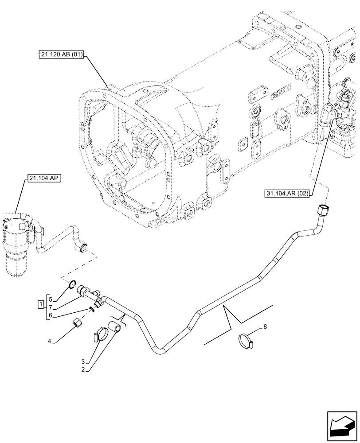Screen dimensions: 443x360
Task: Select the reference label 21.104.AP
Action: coord(43,179)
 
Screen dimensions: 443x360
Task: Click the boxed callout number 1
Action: coord(40,305)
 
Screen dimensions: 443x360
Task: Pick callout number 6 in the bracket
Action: coord(51,315)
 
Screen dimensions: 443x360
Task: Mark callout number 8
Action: coord(265,327)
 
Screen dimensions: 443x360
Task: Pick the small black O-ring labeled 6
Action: coord(92,309)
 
